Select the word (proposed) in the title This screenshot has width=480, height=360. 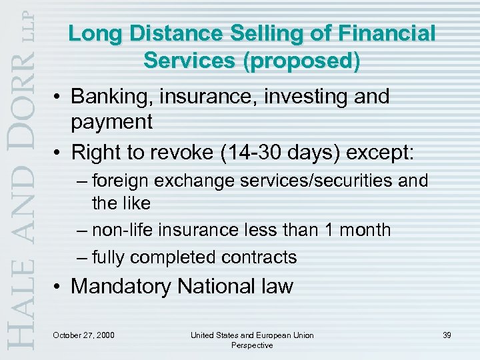point(304,61)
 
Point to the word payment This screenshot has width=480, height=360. point(112,122)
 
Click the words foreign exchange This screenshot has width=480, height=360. point(147,181)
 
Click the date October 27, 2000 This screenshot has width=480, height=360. point(83,335)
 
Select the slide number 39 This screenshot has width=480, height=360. point(446,335)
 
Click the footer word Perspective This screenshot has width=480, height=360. point(251,345)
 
